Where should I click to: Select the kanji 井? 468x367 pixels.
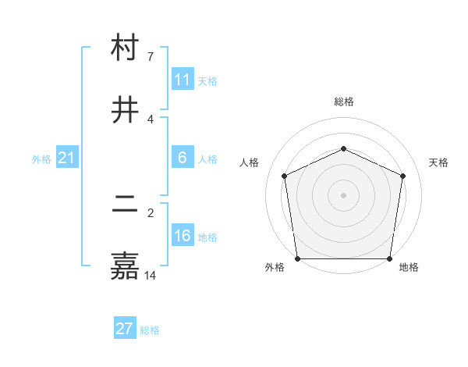coord(125,110)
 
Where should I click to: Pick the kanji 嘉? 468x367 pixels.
coord(125,266)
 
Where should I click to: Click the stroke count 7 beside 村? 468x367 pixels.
coord(150,56)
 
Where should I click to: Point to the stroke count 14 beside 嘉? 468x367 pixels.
coord(150,275)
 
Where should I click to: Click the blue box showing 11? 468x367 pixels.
coord(183,80)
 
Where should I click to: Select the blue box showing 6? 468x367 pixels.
coord(183,158)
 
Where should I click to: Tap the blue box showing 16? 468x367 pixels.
coord(183,236)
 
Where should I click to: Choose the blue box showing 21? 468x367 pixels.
coord(67,158)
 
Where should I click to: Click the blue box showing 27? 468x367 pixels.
coord(125,329)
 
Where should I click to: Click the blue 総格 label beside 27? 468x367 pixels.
coord(150,330)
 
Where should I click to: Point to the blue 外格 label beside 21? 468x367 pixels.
coord(41,159)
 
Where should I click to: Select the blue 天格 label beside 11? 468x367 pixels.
coord(207,81)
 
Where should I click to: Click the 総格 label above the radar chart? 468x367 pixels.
coord(344,102)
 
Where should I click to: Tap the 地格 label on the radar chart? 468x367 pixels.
coord(409,267)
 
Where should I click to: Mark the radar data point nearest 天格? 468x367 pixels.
coord(403,176)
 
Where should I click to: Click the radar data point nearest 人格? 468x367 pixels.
coord(285,176)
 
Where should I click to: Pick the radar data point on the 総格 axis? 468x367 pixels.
coord(344,148)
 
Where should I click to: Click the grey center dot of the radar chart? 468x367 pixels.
coord(344,195)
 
